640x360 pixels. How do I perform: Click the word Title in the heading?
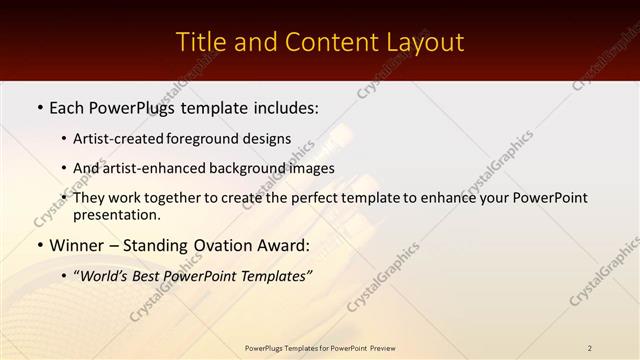tap(200, 42)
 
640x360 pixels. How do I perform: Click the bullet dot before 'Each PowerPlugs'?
tap(39, 105)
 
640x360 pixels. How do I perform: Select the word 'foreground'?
tap(213, 138)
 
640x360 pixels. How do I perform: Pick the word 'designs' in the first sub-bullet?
tap(269, 138)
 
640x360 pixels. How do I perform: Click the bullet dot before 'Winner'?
tap(39, 245)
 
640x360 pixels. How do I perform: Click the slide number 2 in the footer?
tap(590, 347)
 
